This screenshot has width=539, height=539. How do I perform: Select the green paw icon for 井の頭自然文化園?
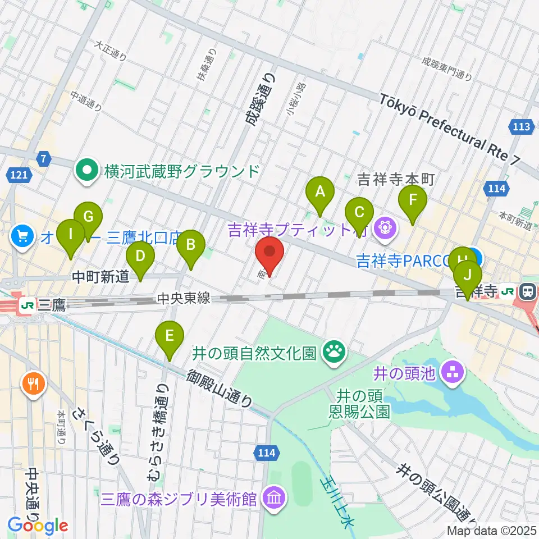click(335, 353)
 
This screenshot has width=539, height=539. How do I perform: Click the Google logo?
click(38, 526)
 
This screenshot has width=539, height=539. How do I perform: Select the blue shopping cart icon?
click(23, 236)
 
